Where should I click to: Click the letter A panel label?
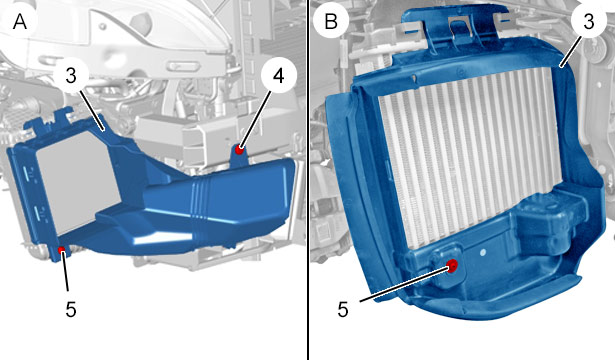20,22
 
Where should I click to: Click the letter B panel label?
331,21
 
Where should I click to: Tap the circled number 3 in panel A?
71,75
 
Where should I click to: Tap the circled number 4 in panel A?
278,76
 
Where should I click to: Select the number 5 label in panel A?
71,309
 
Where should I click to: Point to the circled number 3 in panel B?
589,22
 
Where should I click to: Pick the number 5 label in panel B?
343,309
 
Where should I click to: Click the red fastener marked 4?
239,149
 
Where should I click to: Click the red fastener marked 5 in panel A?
62,250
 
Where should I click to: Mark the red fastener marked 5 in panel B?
453,266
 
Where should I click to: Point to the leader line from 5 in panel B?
406,284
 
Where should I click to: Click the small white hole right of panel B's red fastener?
483,251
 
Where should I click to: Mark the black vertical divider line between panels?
308,180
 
